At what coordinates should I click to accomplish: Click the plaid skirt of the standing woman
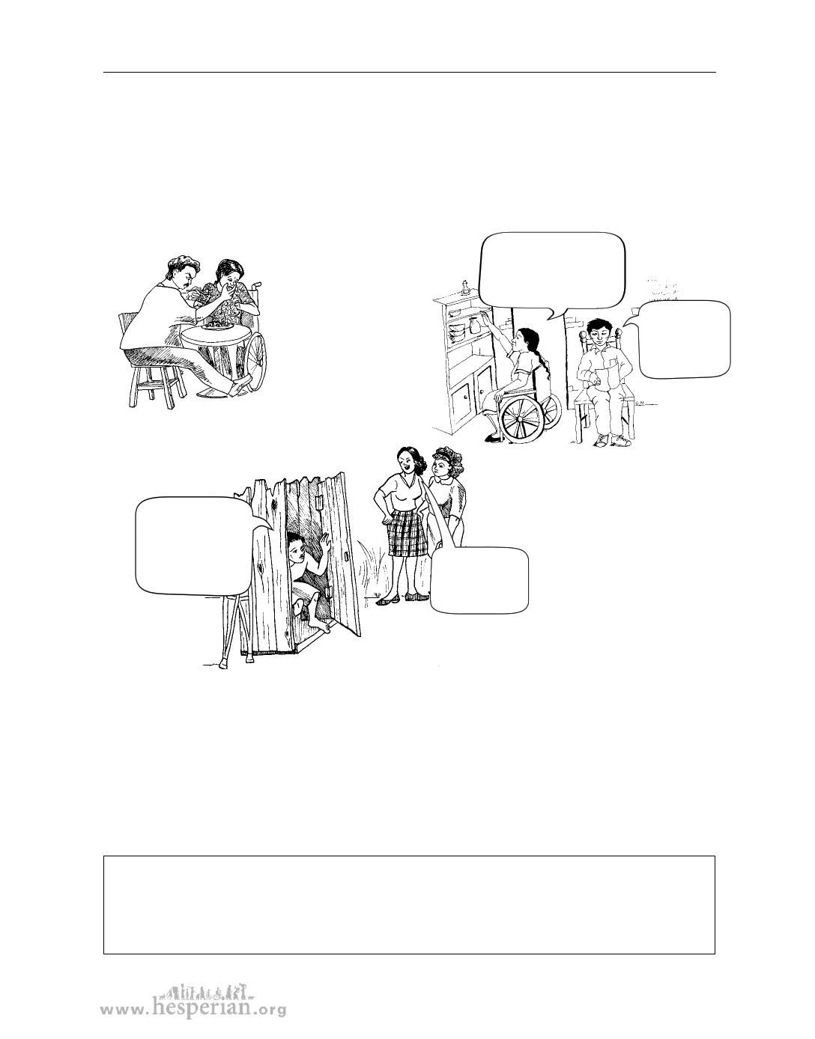[407, 533]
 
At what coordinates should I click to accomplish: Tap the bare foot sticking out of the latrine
[318, 624]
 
